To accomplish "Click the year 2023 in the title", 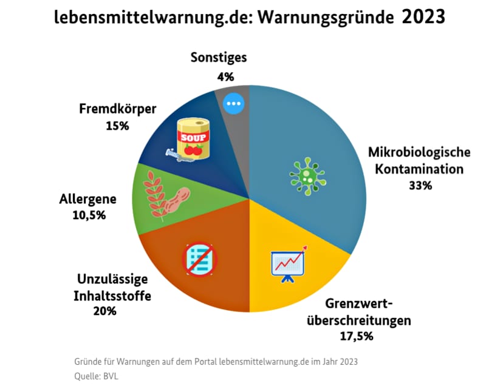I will point(423,17).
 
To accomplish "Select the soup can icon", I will point(193,139).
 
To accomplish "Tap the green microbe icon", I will point(306,176).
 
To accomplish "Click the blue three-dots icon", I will point(233,104).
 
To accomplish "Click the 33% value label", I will point(420,186).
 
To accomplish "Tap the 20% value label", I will point(104,311).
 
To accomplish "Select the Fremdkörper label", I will point(117,110).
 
